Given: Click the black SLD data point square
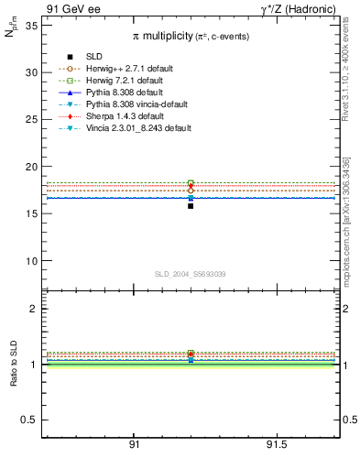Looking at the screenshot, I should (191, 206).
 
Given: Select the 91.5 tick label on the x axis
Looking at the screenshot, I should (276, 444).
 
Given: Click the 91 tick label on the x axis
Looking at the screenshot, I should (134, 444).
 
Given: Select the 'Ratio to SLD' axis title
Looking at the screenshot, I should (15, 365).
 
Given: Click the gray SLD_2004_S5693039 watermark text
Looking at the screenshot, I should (190, 275).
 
